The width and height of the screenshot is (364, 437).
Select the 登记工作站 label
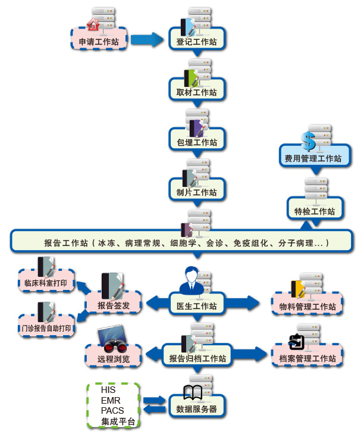[196, 42]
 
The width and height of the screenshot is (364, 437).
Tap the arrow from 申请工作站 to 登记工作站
[146, 40]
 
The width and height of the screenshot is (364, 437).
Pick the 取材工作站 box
[197, 92]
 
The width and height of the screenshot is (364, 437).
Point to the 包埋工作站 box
[197, 142]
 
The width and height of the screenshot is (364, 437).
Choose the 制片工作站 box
[197, 192]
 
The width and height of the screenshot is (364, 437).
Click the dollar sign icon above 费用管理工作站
[308, 141]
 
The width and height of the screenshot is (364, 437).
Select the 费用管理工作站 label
[313, 158]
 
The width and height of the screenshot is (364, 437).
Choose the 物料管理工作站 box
[307, 307]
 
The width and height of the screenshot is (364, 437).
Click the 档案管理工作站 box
[307, 358]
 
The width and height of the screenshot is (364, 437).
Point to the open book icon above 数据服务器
[192, 392]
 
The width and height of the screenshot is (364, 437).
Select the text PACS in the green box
[112, 411]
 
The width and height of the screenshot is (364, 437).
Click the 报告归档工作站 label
[197, 358]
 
